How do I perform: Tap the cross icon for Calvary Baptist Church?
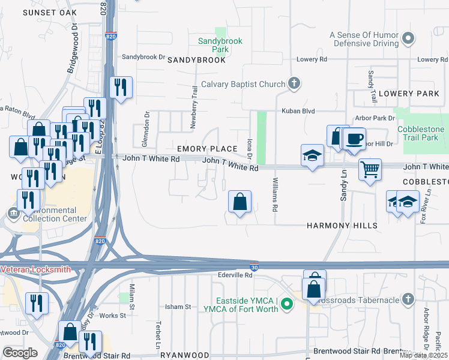click(x=294, y=83)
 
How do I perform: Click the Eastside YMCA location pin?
click(x=286, y=305)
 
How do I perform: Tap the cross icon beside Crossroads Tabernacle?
click(x=408, y=299)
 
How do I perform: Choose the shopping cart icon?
click(x=370, y=169)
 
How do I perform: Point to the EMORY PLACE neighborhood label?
click(x=207, y=148)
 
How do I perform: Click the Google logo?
click(x=20, y=353)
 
